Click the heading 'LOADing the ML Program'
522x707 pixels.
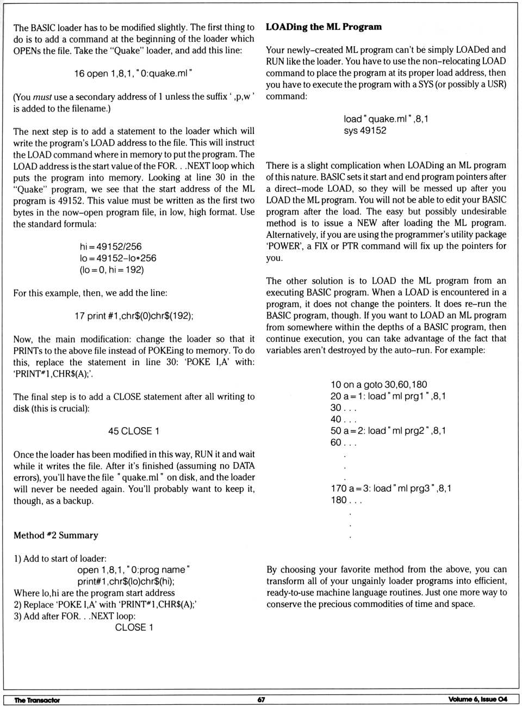[x=324, y=27]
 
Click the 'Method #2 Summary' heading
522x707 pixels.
[x=55, y=535]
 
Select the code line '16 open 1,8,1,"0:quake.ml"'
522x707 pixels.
[x=133, y=73]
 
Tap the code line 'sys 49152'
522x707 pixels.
[x=365, y=130]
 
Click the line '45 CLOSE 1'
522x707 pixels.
[x=134, y=431]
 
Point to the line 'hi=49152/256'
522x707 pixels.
[x=110, y=247]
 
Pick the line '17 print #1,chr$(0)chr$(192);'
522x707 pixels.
[x=134, y=316]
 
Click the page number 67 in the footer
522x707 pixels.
[x=261, y=699]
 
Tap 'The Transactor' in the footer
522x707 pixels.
[x=37, y=700]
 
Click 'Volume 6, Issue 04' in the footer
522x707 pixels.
[x=478, y=699]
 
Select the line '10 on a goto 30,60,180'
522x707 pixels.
[x=378, y=384]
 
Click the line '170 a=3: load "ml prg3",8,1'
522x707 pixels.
[x=390, y=488]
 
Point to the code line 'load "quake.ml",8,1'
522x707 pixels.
[x=386, y=119]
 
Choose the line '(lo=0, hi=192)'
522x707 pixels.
[x=111, y=269]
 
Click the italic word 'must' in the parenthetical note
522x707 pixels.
[x=42, y=97]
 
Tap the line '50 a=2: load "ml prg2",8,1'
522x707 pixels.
[x=388, y=431]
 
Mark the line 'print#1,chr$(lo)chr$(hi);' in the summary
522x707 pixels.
[x=126, y=581]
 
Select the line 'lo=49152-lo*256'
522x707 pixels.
[x=118, y=258]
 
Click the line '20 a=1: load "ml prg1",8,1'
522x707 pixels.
[x=388, y=396]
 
